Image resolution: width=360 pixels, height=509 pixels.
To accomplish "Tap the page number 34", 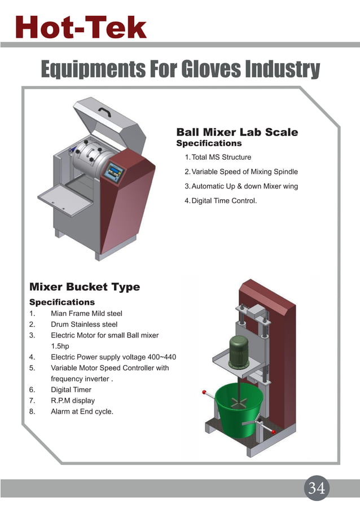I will click(317, 488).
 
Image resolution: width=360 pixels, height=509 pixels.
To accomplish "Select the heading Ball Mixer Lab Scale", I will click(237, 133).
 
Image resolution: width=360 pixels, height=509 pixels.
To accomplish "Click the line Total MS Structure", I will click(221, 157).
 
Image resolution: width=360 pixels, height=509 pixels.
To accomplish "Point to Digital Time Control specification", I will click(224, 200).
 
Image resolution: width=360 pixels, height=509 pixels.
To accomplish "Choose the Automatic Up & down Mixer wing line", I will click(244, 186).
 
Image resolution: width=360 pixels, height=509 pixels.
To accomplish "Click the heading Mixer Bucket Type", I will click(85, 287).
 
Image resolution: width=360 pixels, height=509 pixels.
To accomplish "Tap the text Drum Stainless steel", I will click(84, 324).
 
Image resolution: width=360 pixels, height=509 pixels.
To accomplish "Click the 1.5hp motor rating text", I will click(60, 346).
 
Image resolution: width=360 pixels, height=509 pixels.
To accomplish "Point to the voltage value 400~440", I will click(162, 357).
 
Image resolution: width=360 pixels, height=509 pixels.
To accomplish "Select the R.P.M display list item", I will click(73, 401).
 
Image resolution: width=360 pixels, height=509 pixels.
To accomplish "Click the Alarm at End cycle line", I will click(82, 411).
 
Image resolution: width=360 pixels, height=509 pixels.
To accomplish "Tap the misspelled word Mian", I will click(60, 313).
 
